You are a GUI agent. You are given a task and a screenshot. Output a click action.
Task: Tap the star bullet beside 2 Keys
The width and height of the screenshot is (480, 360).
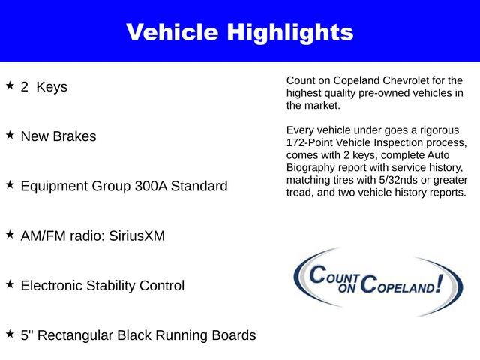pos(10,85)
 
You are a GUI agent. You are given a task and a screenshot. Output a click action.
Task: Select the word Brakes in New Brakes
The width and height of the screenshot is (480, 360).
pos(75,136)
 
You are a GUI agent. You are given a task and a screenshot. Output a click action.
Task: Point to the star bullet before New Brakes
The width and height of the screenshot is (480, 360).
pos(10,136)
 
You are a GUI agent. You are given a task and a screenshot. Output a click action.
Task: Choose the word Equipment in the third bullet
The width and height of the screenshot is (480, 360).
pos(52,186)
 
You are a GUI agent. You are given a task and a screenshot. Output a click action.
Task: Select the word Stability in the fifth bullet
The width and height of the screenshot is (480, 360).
pos(116,286)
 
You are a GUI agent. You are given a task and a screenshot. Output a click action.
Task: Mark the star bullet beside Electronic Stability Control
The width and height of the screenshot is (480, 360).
pos(10,284)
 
